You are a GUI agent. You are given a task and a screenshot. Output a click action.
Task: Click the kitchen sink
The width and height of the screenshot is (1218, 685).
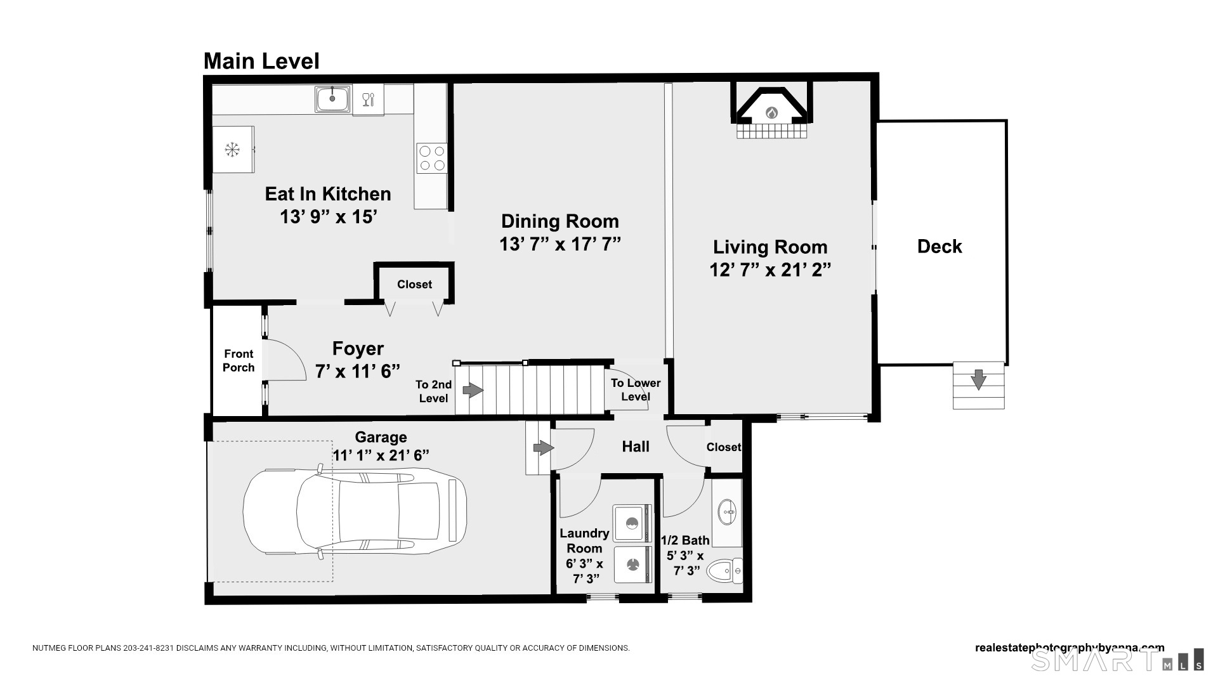coord(332,100)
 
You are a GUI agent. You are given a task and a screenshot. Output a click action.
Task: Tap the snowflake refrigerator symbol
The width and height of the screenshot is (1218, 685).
coord(233,150)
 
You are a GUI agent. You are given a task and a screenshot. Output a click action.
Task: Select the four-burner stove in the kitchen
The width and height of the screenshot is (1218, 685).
coord(431,158)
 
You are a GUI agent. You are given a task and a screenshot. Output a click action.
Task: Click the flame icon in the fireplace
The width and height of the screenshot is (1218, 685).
coord(771,113)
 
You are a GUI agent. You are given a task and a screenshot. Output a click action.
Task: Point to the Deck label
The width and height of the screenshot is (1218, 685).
coord(940,246)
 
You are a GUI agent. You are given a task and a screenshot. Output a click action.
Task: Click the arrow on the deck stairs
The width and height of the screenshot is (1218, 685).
coord(979,379)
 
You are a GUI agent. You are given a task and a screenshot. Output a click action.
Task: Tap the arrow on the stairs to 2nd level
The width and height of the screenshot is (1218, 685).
coord(473,390)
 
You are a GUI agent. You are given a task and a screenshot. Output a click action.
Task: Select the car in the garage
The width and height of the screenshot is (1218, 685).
coord(355,512)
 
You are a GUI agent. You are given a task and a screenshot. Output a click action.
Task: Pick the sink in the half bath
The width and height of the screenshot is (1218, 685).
coord(727,512)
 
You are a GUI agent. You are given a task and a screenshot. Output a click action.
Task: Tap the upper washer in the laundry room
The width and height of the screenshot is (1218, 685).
coord(632,523)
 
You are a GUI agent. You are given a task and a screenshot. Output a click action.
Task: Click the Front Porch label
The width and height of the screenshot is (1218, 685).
coord(239,361)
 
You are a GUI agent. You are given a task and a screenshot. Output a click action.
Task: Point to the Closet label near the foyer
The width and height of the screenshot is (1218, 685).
coord(414,284)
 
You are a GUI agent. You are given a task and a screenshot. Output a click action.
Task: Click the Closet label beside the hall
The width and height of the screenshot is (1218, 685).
coord(724,447)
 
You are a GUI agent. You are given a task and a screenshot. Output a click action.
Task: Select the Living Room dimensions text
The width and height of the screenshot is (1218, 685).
coord(770,270)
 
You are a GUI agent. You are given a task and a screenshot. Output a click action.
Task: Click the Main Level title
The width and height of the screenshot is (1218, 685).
coord(261,61)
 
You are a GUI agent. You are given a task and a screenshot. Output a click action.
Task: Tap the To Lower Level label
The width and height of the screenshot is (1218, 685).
coord(636,390)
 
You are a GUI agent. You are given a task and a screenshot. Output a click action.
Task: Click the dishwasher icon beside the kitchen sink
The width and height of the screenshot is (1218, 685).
coord(368,100)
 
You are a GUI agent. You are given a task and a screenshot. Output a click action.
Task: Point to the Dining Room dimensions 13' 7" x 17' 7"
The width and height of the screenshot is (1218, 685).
coord(560,244)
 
